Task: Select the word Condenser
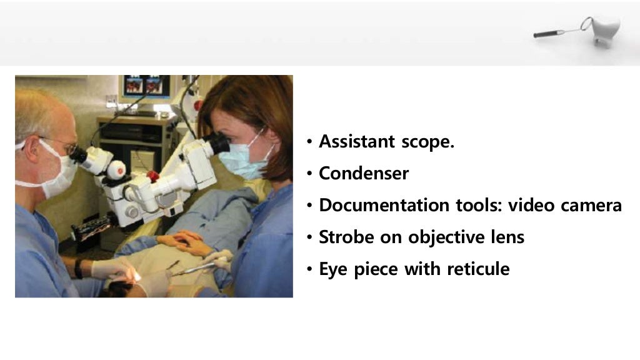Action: point(364,173)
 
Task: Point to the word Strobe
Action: point(345,237)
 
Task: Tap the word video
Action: point(531,205)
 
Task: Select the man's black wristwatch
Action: point(79,267)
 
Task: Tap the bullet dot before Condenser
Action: point(310,174)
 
